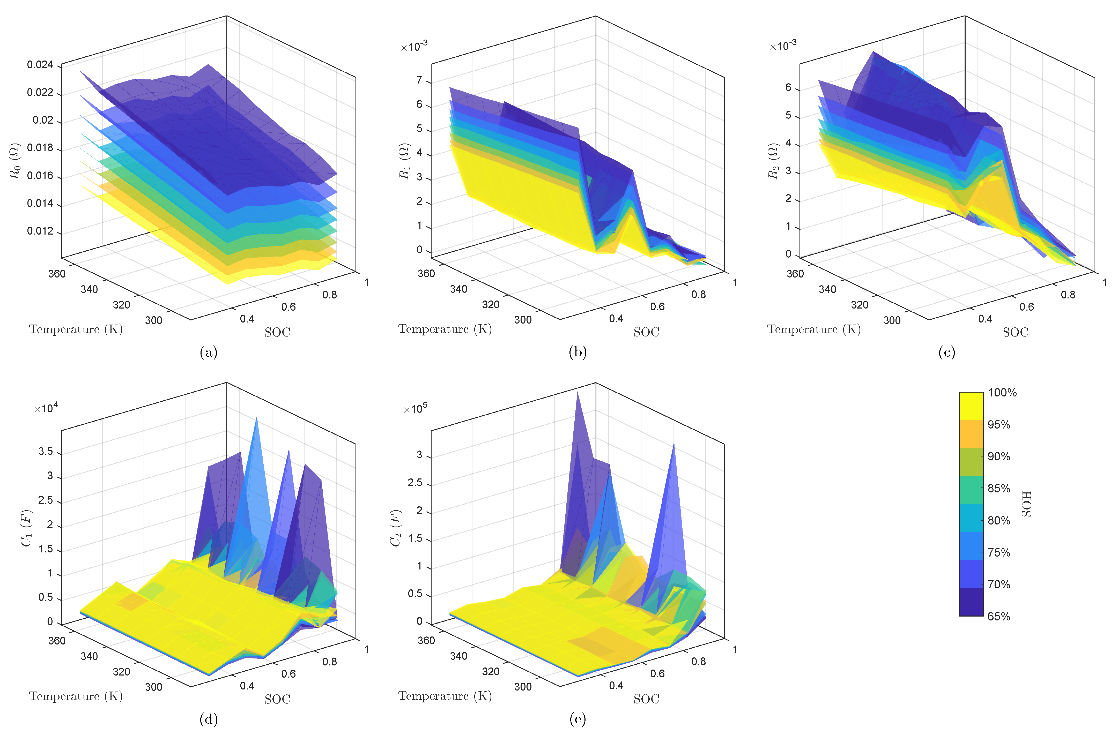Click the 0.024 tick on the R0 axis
coord(40,65)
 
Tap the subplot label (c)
coord(946,352)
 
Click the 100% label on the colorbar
coord(1002,393)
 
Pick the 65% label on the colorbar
coord(999,616)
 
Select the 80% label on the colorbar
coord(999,520)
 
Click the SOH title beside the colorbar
coord(1027,504)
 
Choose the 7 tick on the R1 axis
coord(419,80)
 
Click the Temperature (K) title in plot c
coord(814,329)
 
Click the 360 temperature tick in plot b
coord(426,273)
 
